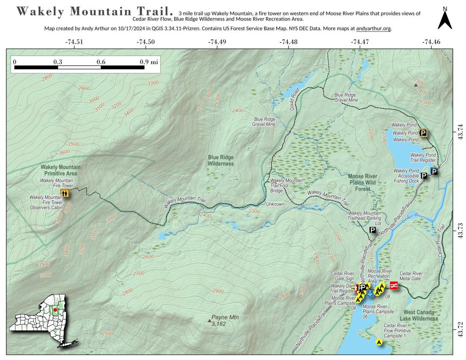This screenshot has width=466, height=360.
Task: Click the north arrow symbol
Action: [x=445, y=19]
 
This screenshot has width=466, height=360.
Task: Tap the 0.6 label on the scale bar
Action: [x=101, y=61]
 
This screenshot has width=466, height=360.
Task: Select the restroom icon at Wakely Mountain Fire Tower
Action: [x=66, y=193]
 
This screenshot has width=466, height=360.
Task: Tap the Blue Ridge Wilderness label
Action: [x=221, y=160]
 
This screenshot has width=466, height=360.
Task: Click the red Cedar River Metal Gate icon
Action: [x=394, y=285]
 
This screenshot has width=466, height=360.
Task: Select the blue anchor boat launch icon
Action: [x=370, y=294]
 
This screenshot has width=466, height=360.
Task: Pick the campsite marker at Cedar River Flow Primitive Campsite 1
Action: [x=379, y=342]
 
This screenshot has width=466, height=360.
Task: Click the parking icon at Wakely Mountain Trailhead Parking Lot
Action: [x=372, y=230]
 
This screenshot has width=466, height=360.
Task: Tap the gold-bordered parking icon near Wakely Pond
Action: [x=423, y=133]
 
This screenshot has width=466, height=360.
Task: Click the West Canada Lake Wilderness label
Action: [x=419, y=315]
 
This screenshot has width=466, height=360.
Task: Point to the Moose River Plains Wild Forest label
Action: [x=363, y=183]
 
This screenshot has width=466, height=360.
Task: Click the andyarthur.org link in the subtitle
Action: [x=374, y=29]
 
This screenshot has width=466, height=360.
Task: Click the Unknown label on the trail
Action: [x=275, y=204]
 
